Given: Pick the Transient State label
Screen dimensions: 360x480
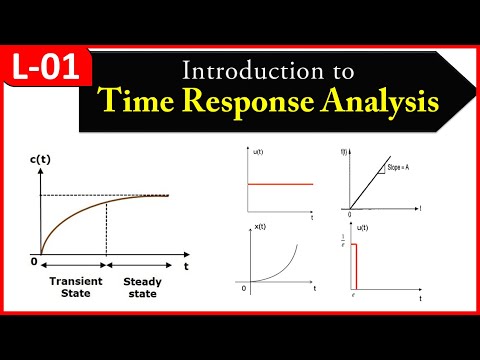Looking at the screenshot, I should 72,287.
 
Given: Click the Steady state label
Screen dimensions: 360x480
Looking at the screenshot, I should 142,287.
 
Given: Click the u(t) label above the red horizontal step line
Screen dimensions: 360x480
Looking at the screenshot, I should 258,151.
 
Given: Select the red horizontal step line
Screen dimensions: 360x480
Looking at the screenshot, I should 280,184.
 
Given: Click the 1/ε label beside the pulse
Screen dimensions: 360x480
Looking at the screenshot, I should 343,242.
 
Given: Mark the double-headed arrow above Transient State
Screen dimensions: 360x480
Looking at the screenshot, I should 72,267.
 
